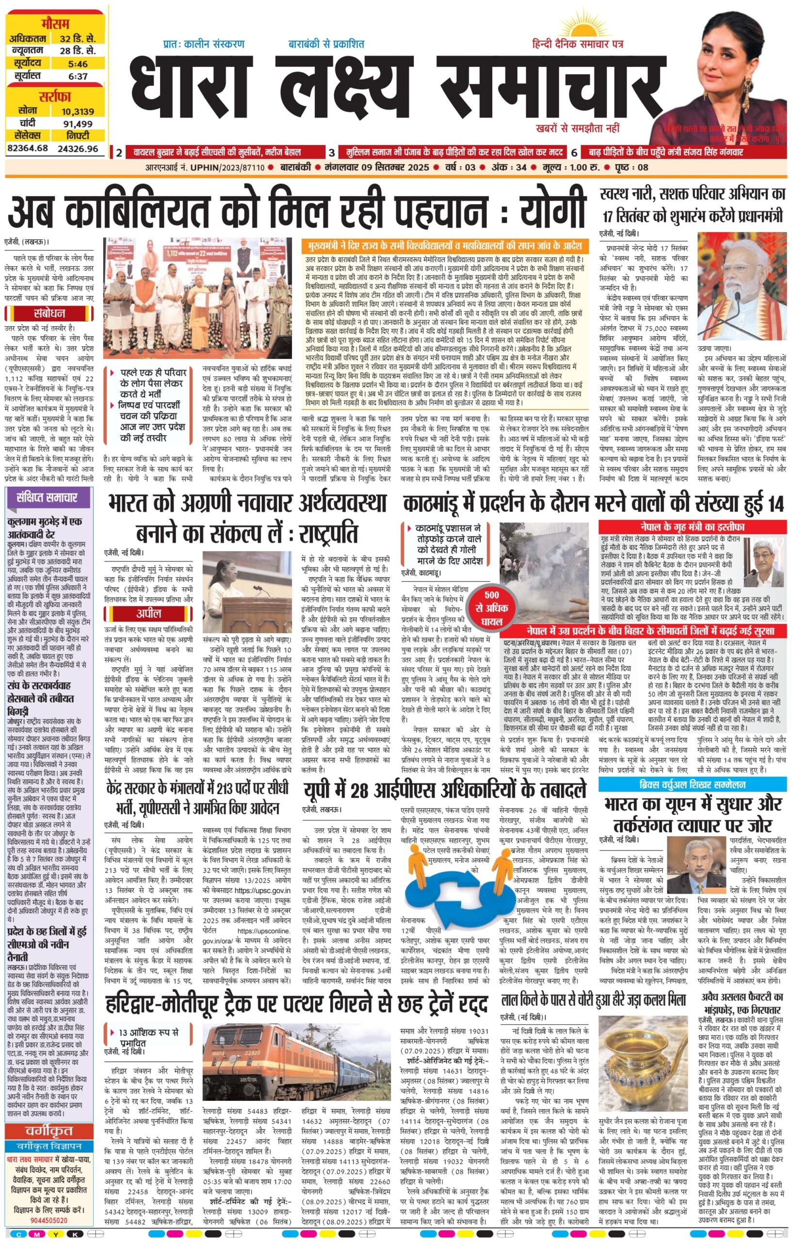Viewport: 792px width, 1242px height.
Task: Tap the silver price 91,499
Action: pos(77,123)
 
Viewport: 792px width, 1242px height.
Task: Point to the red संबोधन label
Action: pos(49,313)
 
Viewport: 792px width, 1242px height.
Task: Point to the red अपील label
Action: pos(148,613)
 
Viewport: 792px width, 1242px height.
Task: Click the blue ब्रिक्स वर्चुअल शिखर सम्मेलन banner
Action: pos(693,784)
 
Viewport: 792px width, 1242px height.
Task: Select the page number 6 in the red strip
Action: pos(574,153)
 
